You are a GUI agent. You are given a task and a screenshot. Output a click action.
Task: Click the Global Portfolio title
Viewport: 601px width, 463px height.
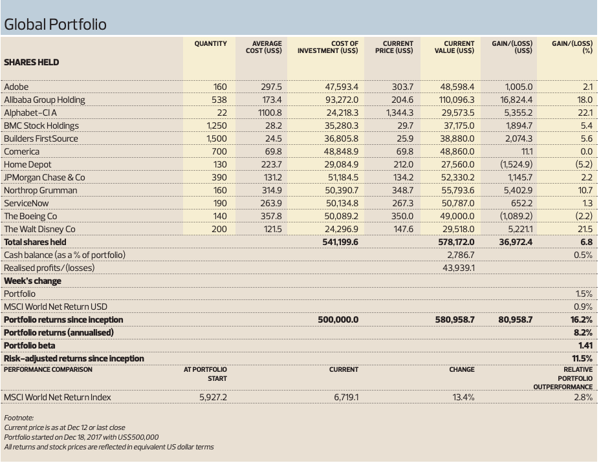click(x=55, y=24)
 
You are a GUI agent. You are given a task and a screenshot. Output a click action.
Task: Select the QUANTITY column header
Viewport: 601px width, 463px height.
click(x=210, y=44)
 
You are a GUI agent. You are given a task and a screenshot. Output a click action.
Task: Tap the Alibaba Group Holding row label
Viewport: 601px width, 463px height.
click(x=45, y=100)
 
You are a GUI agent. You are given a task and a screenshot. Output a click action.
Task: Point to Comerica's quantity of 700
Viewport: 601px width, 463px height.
click(x=219, y=151)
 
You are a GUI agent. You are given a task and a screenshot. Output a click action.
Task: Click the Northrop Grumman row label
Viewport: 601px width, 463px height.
click(x=41, y=191)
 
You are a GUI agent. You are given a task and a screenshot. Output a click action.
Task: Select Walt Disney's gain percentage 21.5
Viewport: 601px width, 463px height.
click(x=585, y=229)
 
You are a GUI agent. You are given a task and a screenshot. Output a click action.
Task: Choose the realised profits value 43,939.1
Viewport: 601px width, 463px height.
click(x=459, y=268)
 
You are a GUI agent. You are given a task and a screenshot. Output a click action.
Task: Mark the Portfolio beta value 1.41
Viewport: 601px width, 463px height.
click(x=585, y=346)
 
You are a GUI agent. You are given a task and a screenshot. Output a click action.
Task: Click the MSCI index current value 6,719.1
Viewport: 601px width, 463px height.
click(x=346, y=397)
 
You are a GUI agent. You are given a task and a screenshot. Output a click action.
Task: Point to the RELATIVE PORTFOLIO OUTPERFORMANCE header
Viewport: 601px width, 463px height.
click(x=563, y=378)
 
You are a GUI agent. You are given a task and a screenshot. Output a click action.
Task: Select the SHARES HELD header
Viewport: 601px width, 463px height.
click(x=32, y=63)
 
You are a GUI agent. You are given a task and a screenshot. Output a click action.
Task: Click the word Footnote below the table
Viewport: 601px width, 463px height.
click(x=19, y=418)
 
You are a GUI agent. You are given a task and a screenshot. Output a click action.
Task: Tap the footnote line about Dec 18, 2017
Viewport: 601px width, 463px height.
click(x=82, y=437)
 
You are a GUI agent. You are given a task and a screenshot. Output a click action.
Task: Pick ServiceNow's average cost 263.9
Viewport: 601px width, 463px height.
click(x=271, y=203)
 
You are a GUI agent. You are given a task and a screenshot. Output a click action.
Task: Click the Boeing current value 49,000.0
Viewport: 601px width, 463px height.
click(x=457, y=216)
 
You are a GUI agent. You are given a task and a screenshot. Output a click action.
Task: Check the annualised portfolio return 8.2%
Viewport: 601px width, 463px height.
click(x=583, y=332)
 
